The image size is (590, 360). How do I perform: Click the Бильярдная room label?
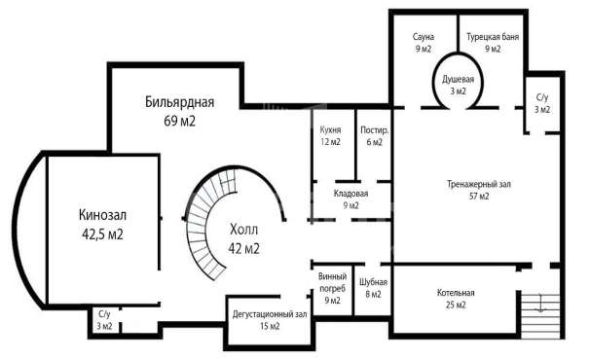click(179, 102)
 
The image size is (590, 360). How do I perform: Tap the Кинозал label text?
click(102, 215)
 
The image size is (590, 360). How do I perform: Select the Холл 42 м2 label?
click(243, 239)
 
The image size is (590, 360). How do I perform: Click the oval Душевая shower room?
click(458, 81)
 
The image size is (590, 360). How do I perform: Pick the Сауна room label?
click(424, 37)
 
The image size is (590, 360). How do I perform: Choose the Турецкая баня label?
click(493, 37)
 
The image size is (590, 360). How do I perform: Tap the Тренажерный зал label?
click(479, 184)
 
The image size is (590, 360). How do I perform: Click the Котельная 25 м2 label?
click(456, 299)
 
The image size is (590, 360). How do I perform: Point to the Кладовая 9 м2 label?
click(350, 199)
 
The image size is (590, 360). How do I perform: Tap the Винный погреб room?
click(333, 290)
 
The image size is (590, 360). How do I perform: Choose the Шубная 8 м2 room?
click(373, 290)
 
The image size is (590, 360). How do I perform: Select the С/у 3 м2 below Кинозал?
click(104, 320)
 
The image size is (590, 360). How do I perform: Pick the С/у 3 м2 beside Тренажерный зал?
click(542, 104)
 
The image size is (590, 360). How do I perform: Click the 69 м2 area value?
click(179, 121)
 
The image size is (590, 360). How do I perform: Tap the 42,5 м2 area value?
click(102, 234)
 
